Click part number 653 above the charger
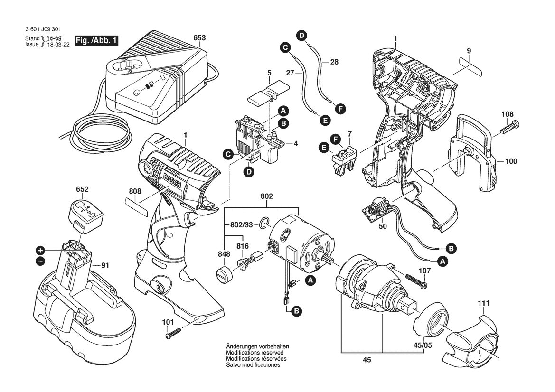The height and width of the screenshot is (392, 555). point(200,37)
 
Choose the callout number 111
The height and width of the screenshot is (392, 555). point(484,303)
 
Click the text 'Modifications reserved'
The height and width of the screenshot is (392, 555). point(254,353)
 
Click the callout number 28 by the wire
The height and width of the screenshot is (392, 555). point(334,62)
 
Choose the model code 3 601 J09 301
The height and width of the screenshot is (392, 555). point(44,29)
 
